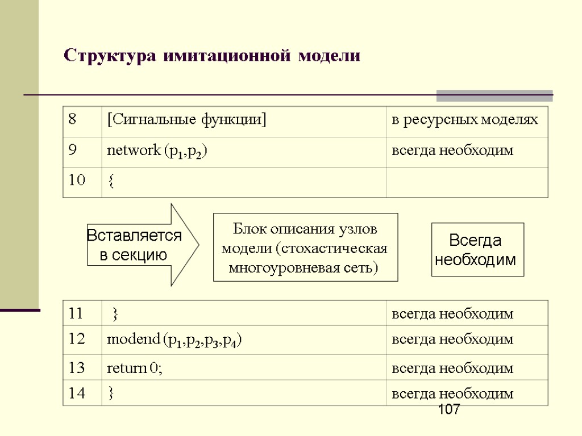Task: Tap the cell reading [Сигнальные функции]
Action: coord(187,120)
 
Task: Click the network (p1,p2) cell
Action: coord(157,151)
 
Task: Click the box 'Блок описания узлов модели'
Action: coord(305,248)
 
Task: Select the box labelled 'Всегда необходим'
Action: coord(477,250)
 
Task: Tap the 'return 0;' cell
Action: coord(135,368)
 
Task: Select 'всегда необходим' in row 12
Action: coord(452,340)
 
